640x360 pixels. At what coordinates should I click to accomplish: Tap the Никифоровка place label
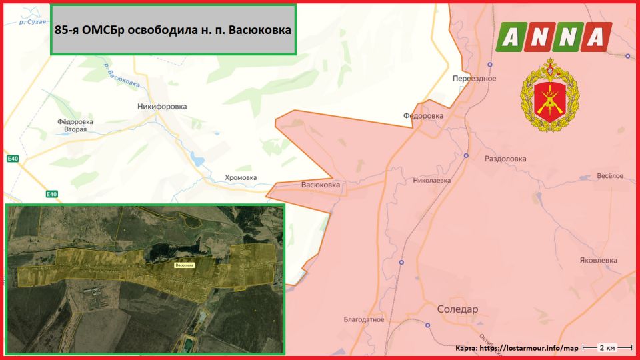click(162, 107)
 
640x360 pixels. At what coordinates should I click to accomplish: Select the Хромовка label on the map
click(241, 177)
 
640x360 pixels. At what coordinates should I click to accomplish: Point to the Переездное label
click(474, 79)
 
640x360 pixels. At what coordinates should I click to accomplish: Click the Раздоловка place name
click(505, 159)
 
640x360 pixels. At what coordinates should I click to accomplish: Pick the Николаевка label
click(432, 180)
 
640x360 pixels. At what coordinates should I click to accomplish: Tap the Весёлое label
click(609, 175)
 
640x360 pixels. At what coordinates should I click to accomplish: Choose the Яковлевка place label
click(598, 261)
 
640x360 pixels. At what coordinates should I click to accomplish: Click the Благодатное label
click(364, 319)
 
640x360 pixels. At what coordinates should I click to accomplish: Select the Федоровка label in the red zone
click(423, 116)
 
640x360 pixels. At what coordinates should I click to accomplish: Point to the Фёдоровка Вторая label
click(75, 125)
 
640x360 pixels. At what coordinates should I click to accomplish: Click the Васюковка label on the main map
click(321, 185)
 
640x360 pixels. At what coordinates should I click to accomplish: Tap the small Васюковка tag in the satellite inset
click(185, 265)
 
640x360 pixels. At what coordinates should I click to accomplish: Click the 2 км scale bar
click(607, 348)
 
